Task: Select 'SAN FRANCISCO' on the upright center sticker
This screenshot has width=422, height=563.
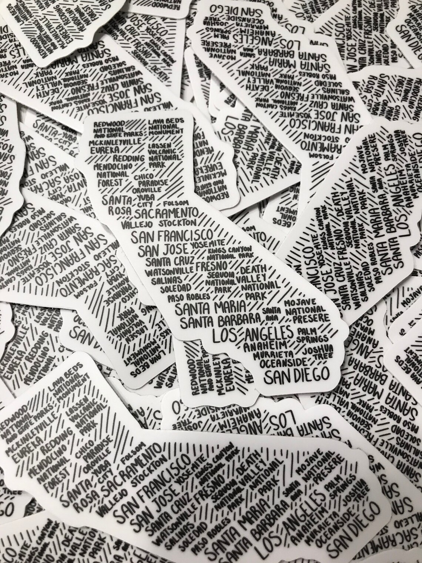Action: tap(173, 236)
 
